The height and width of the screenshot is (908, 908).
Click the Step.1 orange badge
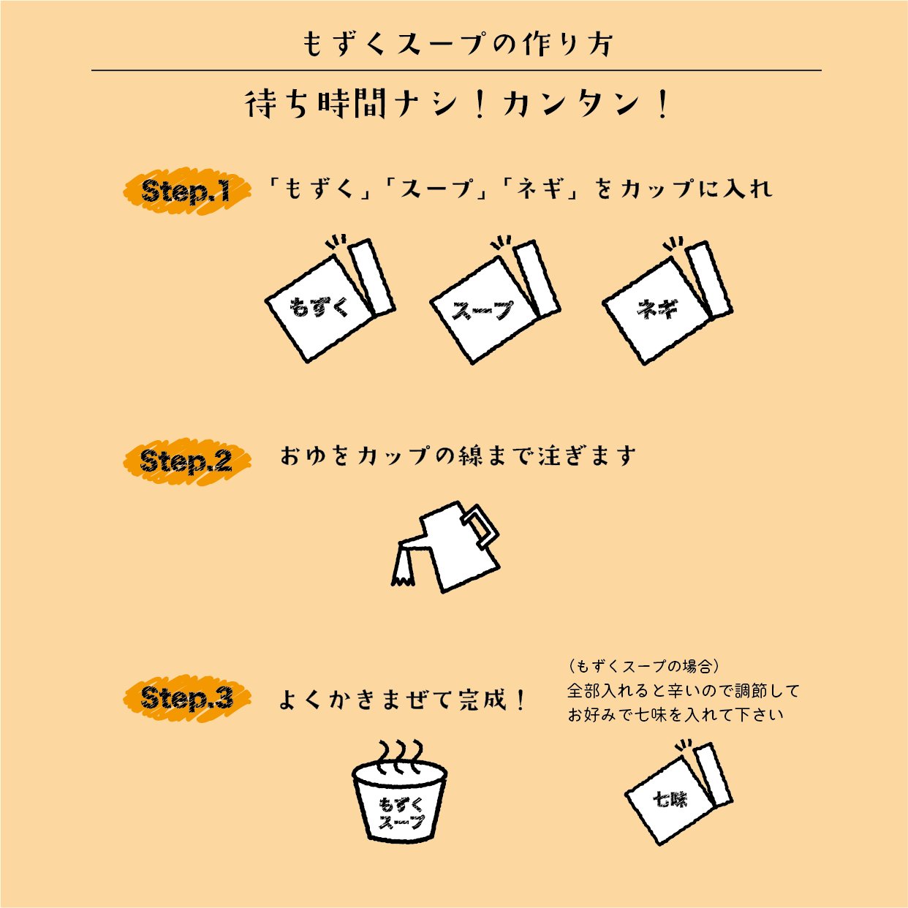click(x=186, y=192)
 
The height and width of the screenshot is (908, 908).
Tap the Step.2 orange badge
click(x=186, y=461)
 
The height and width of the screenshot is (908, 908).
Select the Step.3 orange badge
click(x=186, y=698)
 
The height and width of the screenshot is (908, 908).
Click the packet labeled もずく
click(x=322, y=307)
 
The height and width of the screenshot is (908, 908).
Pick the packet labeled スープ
click(x=486, y=311)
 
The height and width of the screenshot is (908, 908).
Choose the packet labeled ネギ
click(x=658, y=311)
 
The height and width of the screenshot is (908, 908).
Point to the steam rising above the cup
click(x=400, y=753)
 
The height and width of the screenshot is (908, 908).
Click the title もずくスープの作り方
click(x=458, y=44)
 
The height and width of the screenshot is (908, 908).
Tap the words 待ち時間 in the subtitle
click(x=316, y=104)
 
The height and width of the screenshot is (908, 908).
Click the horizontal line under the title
click(x=456, y=70)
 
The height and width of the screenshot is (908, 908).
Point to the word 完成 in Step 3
click(x=483, y=700)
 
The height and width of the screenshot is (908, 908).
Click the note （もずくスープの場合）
click(x=643, y=666)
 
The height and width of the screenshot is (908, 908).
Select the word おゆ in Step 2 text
click(x=302, y=456)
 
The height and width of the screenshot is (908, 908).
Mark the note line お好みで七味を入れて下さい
click(x=676, y=715)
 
